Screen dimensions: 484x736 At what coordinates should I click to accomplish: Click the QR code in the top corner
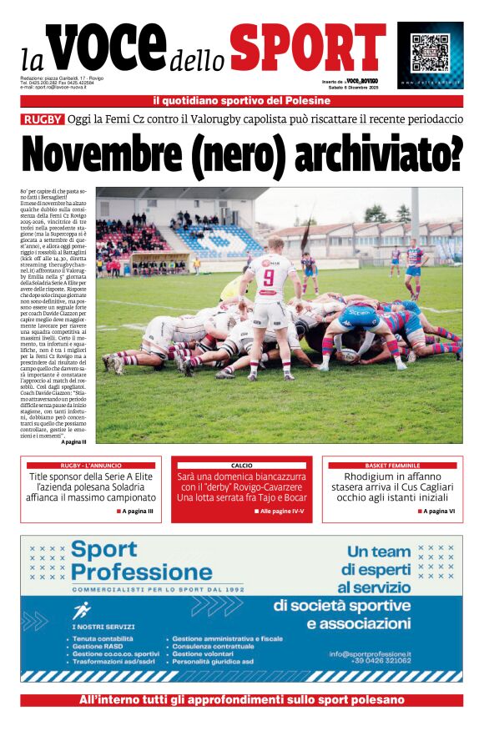[x=429, y=52]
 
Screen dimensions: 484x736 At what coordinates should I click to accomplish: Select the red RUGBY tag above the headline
[x=43, y=119]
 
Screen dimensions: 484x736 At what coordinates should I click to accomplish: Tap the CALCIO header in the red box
[x=241, y=465]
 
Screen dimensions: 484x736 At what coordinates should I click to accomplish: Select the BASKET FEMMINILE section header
[x=392, y=465]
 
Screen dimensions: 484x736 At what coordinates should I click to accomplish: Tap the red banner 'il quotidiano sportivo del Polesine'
[x=241, y=101]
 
